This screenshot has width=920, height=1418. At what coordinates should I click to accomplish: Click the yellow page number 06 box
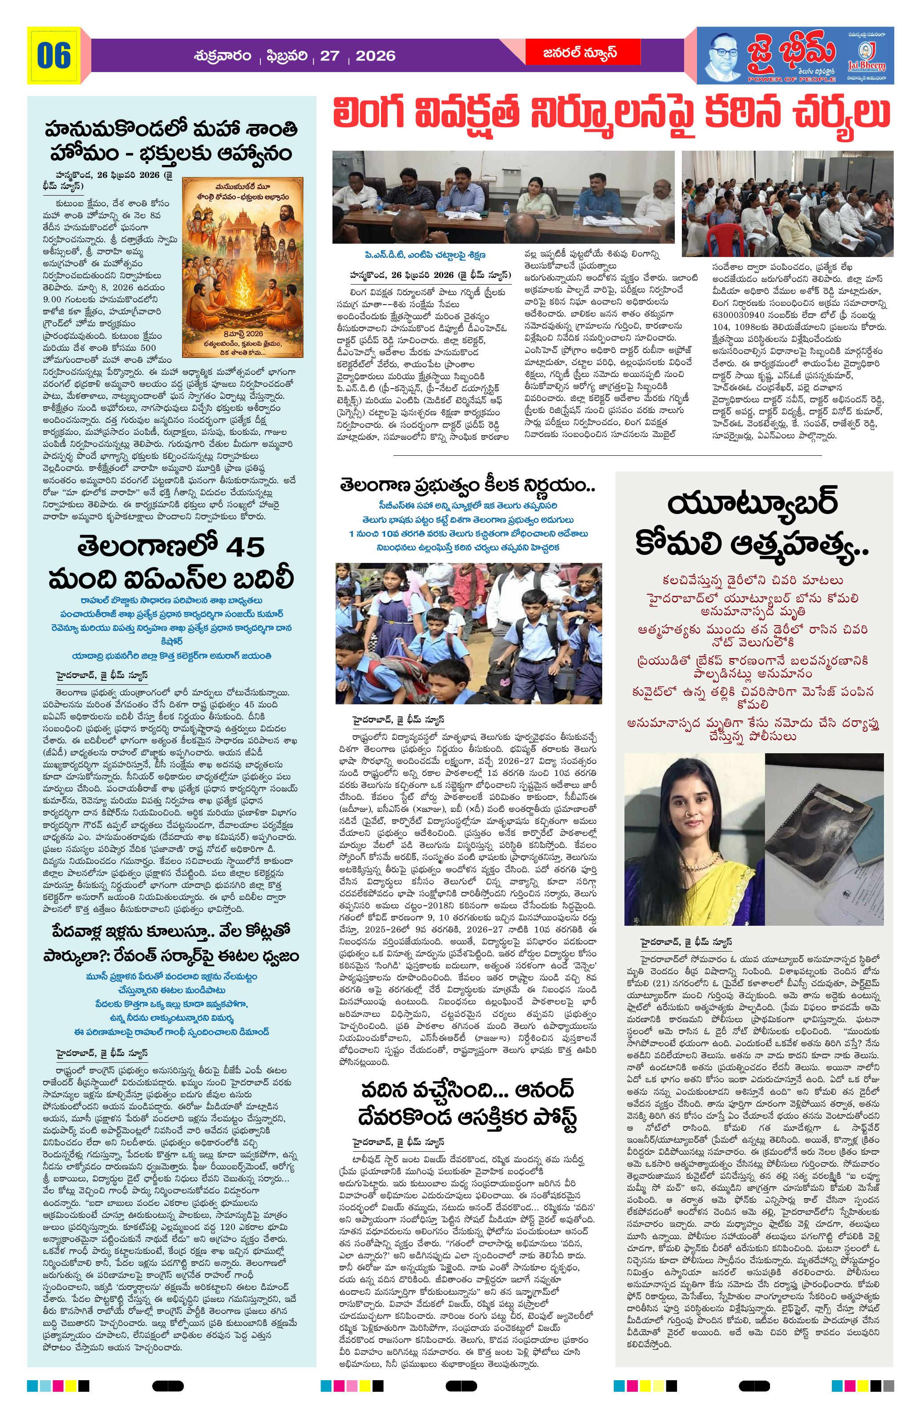[x=54, y=56]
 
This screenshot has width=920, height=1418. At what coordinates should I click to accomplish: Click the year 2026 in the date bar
[x=376, y=56]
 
